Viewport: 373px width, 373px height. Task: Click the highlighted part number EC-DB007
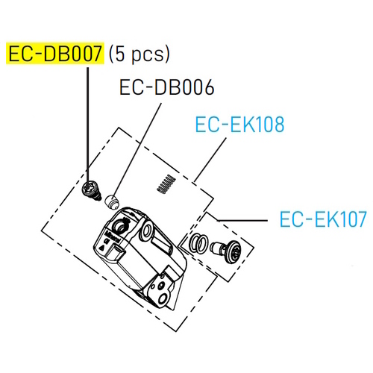click(55, 54)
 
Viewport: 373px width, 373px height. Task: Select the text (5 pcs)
click(140, 54)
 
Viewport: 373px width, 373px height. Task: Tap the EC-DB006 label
click(166, 87)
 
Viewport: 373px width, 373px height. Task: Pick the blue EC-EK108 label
click(239, 125)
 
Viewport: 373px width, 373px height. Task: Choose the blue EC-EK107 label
click(323, 219)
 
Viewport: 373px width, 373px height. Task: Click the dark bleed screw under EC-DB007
click(91, 190)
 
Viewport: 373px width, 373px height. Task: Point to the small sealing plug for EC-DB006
click(112, 202)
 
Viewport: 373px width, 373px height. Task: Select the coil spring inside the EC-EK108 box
click(166, 184)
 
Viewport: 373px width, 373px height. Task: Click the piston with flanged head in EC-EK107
click(225, 251)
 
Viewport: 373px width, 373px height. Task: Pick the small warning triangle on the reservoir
click(102, 248)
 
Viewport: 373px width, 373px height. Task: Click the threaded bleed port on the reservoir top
click(122, 225)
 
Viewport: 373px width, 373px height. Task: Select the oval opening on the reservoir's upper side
click(146, 230)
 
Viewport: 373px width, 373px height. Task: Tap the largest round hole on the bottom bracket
click(163, 298)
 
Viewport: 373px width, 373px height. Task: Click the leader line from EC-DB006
click(137, 149)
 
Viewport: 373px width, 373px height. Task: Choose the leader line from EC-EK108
click(210, 160)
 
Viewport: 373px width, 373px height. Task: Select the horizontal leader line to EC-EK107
click(242, 220)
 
